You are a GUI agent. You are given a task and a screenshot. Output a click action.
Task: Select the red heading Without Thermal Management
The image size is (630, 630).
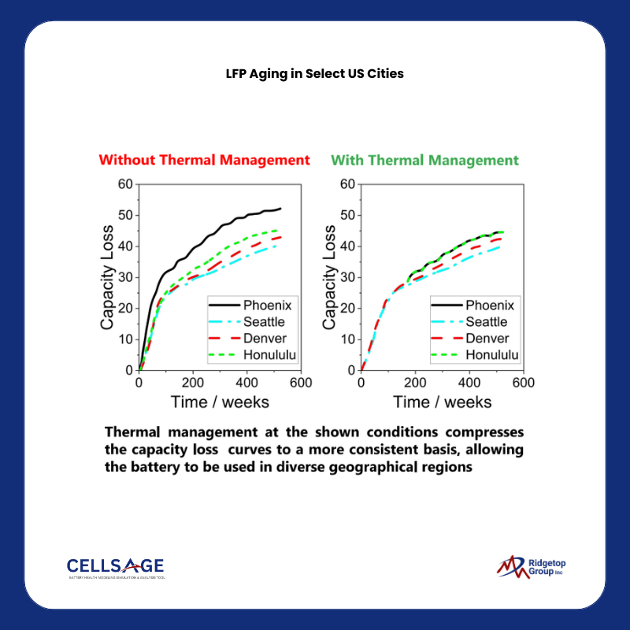204,160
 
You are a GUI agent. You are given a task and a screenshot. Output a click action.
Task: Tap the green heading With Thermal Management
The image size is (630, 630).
425,160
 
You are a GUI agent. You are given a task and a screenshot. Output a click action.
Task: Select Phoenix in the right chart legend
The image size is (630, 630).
490,306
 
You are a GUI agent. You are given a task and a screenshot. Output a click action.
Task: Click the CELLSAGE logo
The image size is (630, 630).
115,567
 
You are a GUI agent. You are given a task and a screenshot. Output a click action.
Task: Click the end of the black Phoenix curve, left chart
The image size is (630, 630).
280,209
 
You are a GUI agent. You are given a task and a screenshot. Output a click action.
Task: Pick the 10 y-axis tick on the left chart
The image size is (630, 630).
126,339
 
